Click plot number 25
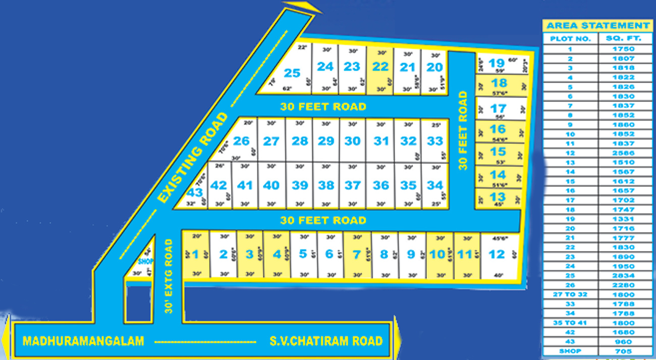click(x=292, y=73)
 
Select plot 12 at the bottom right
click(x=497, y=254)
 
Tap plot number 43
click(x=195, y=192)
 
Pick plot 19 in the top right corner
click(x=497, y=63)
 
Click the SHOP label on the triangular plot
click(x=145, y=261)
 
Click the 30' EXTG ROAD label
click(x=169, y=276)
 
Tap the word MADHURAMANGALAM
click(x=83, y=341)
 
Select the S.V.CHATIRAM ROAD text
click(x=325, y=341)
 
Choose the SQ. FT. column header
click(x=625, y=39)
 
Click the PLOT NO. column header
click(x=570, y=39)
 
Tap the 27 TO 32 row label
click(x=570, y=294)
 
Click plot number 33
click(x=434, y=141)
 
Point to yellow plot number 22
click(x=380, y=67)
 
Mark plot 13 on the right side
click(x=498, y=197)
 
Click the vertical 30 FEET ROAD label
click(x=463, y=130)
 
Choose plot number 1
click(x=195, y=254)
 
